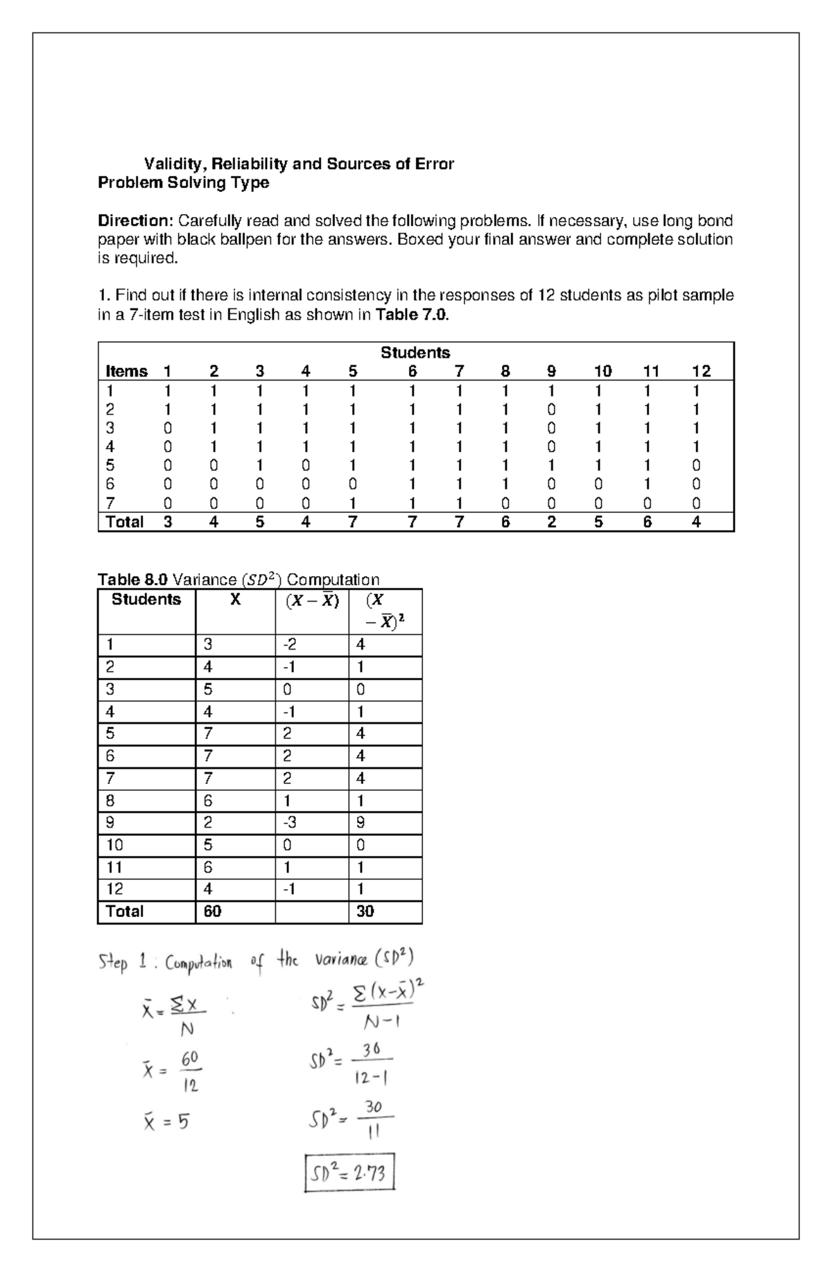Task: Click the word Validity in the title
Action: [173, 164]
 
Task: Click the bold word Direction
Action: [135, 221]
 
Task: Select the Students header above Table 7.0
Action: [415, 352]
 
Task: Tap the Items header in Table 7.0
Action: [126, 372]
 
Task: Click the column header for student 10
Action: [603, 372]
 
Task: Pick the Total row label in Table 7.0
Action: [124, 522]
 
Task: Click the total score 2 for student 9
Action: [551, 522]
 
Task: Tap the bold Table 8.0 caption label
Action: [132, 580]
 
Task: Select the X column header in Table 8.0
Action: [235, 600]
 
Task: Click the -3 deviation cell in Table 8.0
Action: [290, 823]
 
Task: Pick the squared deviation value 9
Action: [361, 823]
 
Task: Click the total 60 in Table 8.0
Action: [212, 912]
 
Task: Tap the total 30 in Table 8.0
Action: [365, 912]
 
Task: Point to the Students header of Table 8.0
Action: [146, 600]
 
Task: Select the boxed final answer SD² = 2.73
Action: [349, 1173]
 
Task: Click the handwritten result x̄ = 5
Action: [166, 1122]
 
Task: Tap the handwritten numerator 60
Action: [190, 1058]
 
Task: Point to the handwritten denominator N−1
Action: [381, 1022]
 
